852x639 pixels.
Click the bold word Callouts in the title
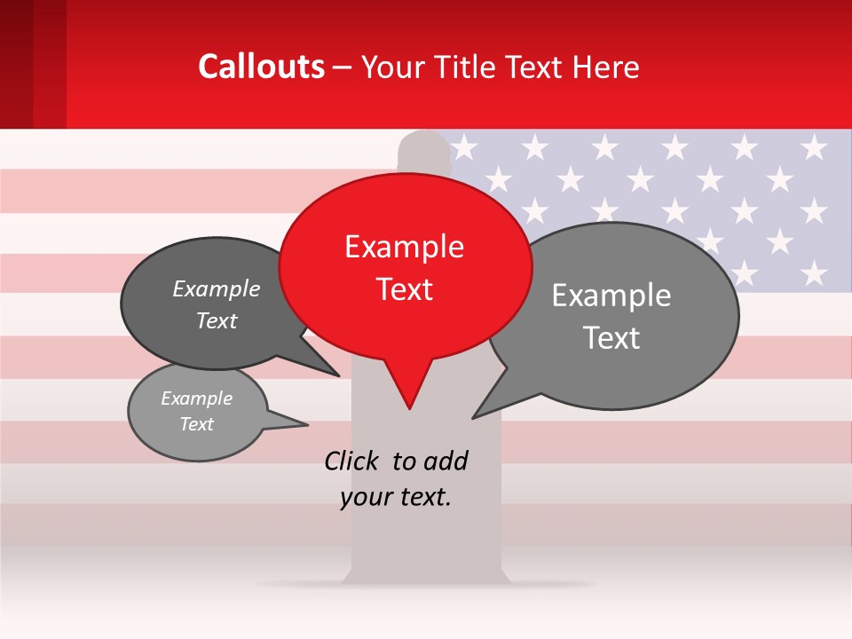261,67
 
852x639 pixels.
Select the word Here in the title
606,67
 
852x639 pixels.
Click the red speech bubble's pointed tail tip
409,407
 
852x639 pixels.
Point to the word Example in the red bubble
404,247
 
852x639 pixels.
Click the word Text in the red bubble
404,289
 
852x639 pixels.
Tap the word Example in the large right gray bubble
611,296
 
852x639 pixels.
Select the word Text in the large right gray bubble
611,338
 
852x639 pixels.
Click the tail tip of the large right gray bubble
474,417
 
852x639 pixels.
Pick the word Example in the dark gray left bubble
216,289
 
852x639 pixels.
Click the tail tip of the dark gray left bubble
338,375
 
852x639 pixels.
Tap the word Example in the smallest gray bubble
196,398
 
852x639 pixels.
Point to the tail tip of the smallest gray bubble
307,423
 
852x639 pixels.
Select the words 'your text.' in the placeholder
396,498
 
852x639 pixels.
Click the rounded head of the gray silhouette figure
424,148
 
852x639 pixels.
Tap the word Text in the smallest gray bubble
196,424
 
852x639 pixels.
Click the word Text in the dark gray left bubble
216,321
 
